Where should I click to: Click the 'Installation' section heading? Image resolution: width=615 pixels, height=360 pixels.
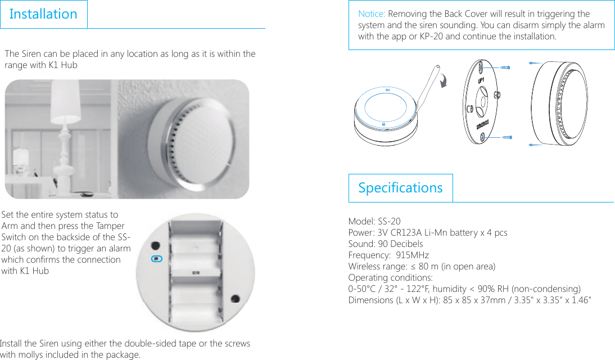coord(43,14)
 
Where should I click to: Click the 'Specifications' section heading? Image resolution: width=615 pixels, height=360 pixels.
coord(400,188)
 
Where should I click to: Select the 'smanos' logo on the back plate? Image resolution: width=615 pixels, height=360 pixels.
coord(483,123)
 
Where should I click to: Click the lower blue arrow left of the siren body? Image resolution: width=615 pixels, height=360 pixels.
coord(540,145)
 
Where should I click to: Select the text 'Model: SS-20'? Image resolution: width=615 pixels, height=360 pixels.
coord(374,222)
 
